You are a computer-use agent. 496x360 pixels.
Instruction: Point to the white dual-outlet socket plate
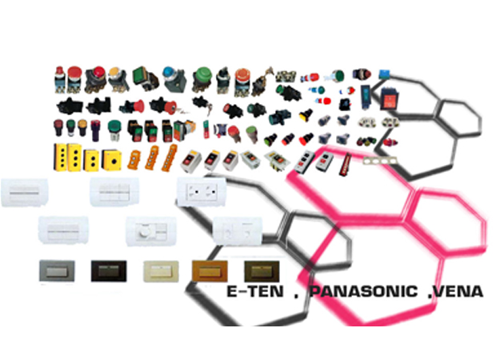pyautogui.click(x=201, y=193)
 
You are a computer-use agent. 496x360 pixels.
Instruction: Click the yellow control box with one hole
pyautogui.click(x=113, y=159)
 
